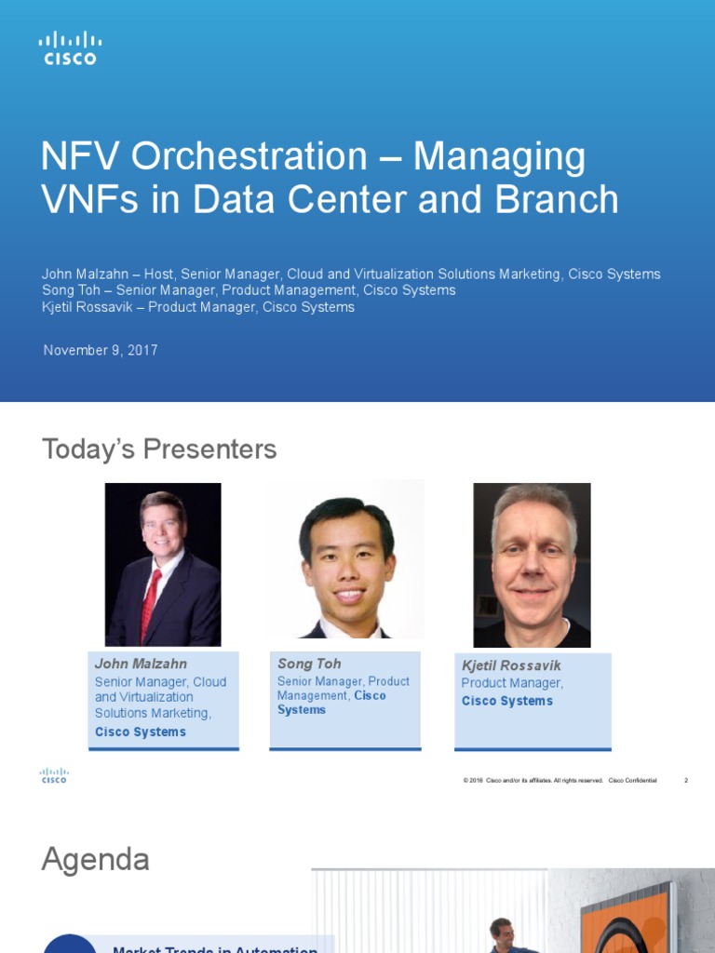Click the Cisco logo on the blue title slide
tap(70, 47)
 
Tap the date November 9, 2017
tap(101, 351)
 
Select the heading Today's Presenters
tap(159, 450)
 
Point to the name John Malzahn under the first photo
tap(141, 664)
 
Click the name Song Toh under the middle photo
tap(309, 664)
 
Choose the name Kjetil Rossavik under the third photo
tap(511, 665)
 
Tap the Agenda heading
tap(96, 859)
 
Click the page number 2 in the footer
tap(686, 780)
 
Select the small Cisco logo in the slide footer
tap(54, 775)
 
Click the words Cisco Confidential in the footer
tap(632, 780)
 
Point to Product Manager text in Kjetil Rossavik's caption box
tap(512, 683)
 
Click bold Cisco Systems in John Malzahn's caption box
tap(141, 732)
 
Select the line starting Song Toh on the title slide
tap(249, 290)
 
